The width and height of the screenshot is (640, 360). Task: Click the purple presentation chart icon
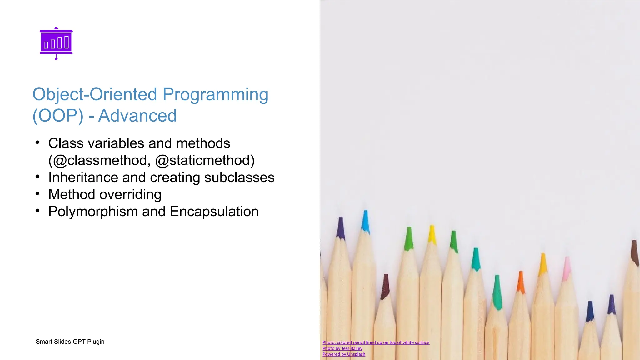56,43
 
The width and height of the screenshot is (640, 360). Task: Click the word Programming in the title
215,94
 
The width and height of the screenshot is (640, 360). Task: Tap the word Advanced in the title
137,116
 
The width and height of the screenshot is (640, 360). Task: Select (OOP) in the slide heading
58,116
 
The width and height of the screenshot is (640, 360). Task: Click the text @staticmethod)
205,160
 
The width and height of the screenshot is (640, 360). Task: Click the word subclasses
239,177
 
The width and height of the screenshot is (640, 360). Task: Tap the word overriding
126,194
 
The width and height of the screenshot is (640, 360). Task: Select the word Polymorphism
93,212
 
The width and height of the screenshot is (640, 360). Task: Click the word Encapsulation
214,212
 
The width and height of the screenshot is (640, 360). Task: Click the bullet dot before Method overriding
37,194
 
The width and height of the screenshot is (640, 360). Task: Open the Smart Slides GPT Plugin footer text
70,342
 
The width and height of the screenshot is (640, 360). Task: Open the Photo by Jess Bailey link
342,348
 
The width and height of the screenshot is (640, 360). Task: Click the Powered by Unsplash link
344,354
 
